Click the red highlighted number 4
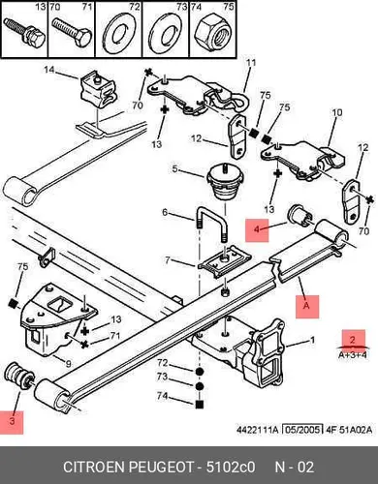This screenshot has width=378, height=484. [257, 229]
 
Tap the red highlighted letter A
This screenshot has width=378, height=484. [306, 305]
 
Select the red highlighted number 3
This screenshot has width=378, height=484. [12, 421]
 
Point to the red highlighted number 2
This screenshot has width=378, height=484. [353, 340]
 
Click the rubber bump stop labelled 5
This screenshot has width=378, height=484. [224, 182]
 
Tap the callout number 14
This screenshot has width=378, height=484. [49, 70]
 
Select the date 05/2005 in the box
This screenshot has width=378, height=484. [302, 430]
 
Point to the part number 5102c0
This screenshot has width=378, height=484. [231, 467]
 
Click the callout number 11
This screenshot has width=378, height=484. [251, 62]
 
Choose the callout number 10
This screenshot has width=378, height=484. [336, 113]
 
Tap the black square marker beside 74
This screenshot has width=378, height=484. [200, 404]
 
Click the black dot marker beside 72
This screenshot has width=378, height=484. [200, 371]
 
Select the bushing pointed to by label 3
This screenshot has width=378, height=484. [18, 376]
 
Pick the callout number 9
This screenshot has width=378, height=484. [68, 364]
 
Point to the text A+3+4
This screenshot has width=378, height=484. [353, 355]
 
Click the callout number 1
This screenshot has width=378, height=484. [312, 340]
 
